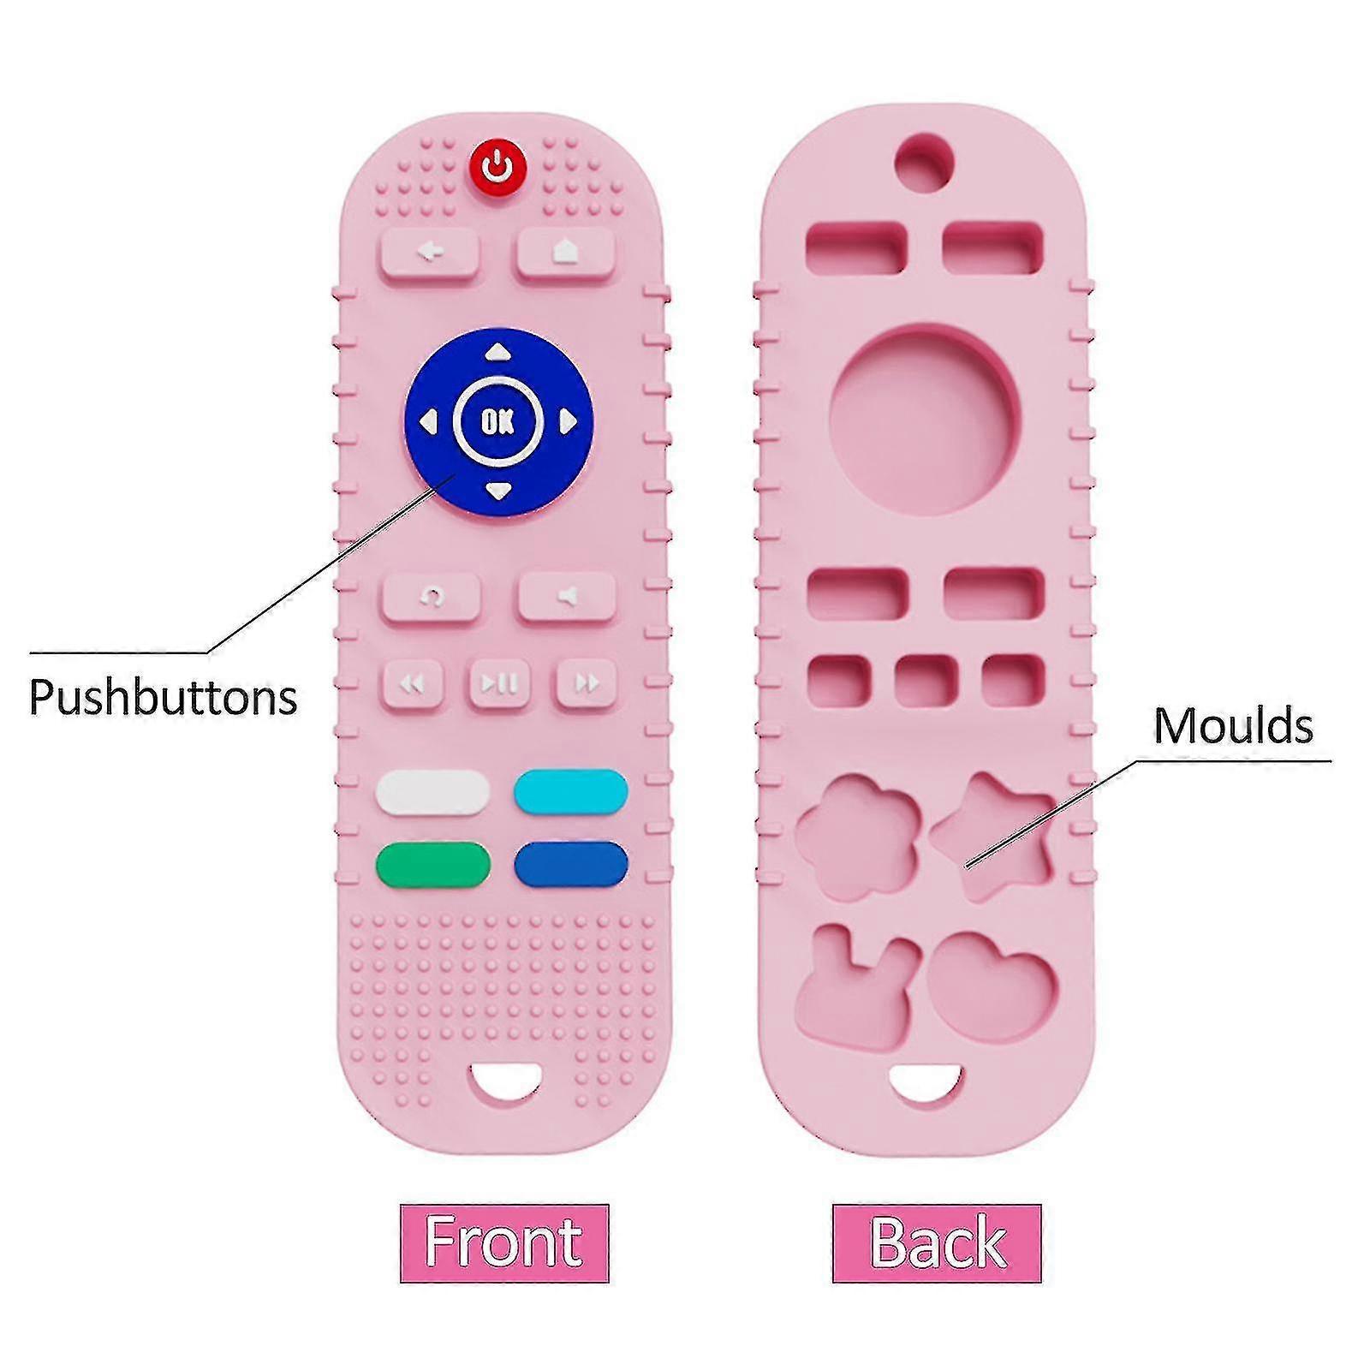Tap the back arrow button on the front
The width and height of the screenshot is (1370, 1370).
pyautogui.click(x=430, y=253)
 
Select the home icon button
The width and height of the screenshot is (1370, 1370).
pyautogui.click(x=566, y=253)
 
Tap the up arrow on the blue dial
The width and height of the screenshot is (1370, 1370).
pyautogui.click(x=498, y=353)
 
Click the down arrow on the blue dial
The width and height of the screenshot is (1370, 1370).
pyautogui.click(x=498, y=491)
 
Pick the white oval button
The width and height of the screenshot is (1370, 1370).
pyautogui.click(x=432, y=792)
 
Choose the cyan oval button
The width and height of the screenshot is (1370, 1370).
pyautogui.click(x=570, y=792)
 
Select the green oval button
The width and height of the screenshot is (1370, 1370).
pyautogui.click(x=432, y=865)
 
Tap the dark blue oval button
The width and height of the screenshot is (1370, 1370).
pyautogui.click(x=570, y=865)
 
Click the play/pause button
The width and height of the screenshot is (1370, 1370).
pyautogui.click(x=499, y=683)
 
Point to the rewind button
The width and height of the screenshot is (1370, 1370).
pyautogui.click(x=413, y=683)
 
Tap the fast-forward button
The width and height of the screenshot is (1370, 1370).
pyautogui.click(x=587, y=683)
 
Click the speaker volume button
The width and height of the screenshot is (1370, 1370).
pyautogui.click(x=567, y=596)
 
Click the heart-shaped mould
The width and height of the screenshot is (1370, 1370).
pyautogui.click(x=993, y=985)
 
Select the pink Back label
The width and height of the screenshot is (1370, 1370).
pyautogui.click(x=937, y=1242)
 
